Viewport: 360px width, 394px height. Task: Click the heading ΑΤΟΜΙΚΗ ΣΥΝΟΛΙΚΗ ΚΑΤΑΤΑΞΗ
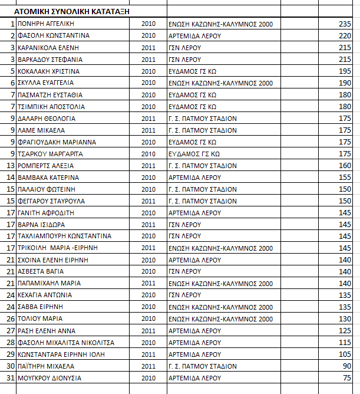[x=72, y=11]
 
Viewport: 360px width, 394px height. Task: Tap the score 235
[x=345, y=24]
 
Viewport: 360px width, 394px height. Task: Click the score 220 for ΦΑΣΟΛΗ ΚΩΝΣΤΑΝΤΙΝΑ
[x=345, y=35]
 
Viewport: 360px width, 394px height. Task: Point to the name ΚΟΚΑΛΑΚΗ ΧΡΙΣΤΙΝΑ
[x=49, y=71]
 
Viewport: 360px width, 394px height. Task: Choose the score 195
[x=345, y=71]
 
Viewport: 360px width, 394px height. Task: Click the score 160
[x=345, y=165]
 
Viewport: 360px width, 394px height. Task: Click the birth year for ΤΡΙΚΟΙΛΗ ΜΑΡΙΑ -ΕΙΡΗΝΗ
[x=148, y=248]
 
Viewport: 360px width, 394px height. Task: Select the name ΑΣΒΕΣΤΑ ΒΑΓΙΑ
[x=41, y=271]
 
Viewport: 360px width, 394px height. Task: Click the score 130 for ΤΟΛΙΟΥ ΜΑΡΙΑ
[x=345, y=319]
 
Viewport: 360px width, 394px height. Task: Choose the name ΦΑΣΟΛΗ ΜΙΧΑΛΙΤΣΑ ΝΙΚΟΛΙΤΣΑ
[x=65, y=342]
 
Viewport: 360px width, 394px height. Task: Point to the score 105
[x=345, y=354]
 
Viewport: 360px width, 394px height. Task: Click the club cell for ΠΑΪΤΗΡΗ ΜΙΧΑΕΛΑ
[x=202, y=366]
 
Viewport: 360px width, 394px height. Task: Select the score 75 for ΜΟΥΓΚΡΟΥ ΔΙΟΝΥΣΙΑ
[x=347, y=377]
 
